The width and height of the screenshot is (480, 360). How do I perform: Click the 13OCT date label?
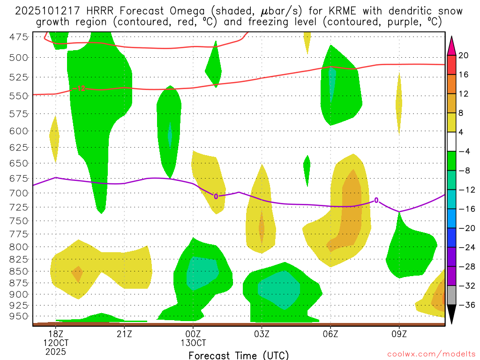(x=193, y=342)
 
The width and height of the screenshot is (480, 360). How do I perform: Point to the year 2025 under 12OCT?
(x=56, y=351)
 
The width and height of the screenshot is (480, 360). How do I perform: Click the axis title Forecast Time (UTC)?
(x=239, y=355)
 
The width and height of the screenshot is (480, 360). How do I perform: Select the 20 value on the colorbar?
(x=464, y=55)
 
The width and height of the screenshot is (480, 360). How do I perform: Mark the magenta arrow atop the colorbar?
(x=452, y=45)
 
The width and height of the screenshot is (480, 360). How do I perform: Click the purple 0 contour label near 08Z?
(x=376, y=201)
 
